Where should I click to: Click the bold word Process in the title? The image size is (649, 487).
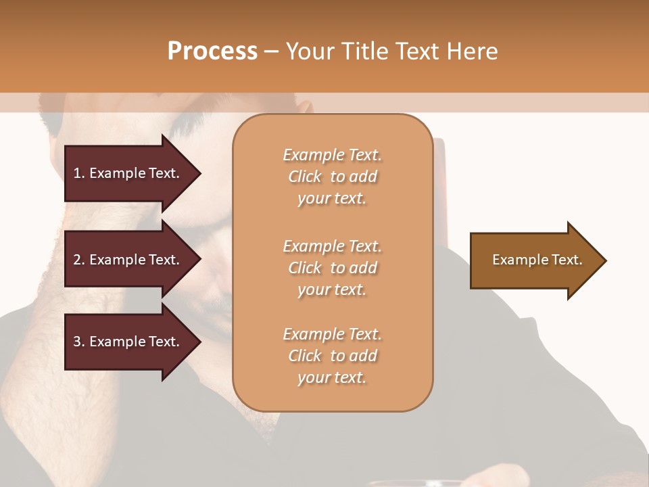click(212, 51)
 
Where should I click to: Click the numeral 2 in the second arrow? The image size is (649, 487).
click(77, 260)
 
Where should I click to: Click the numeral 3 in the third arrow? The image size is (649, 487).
click(77, 342)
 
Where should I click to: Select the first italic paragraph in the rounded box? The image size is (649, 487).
click(332, 177)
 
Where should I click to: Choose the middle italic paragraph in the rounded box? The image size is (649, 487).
click(332, 268)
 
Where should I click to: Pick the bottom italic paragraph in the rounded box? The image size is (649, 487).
click(332, 356)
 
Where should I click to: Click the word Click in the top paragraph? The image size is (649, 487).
click(305, 177)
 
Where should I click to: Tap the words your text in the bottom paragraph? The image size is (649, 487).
click(332, 377)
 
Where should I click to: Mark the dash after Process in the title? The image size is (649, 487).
click(271, 52)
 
